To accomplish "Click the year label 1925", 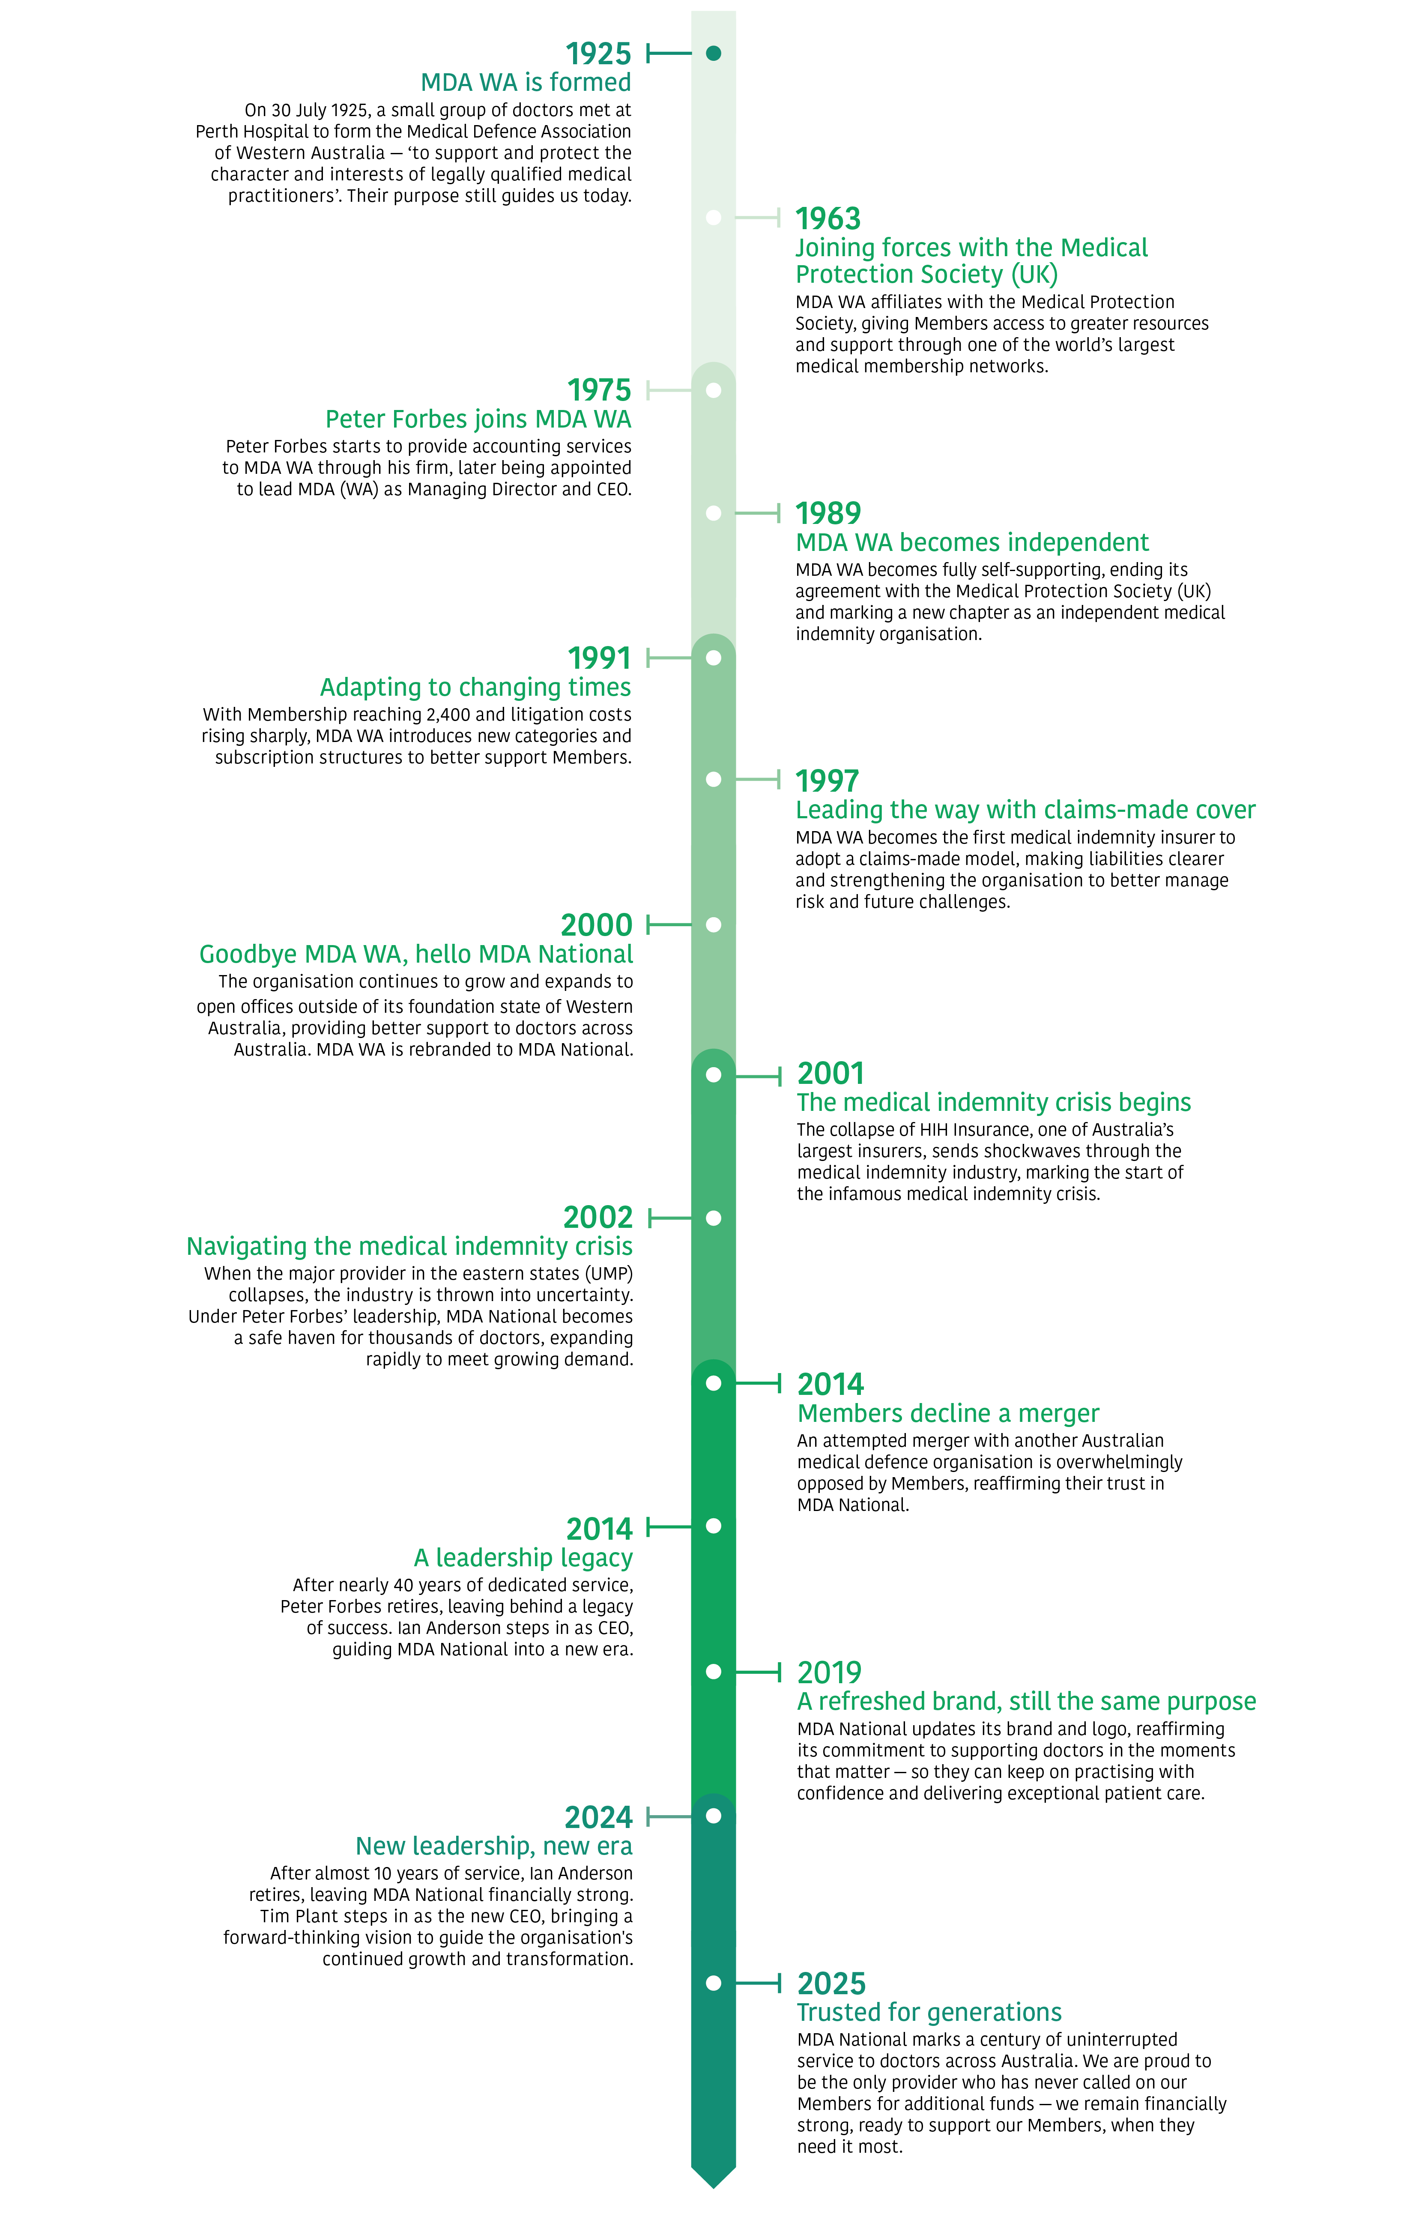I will click(x=598, y=54).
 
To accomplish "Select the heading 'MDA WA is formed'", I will click(x=526, y=83).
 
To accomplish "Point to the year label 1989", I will click(x=828, y=513).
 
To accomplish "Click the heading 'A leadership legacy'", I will click(x=523, y=1558).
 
